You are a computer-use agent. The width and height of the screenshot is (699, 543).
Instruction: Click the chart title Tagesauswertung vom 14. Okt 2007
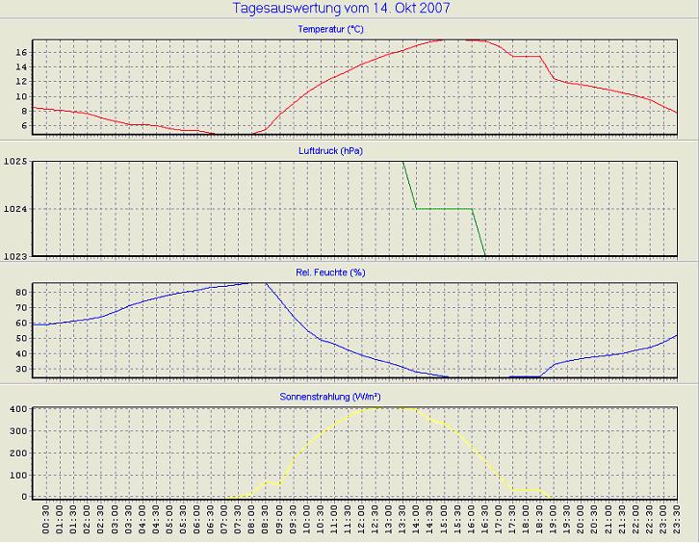pyautogui.click(x=342, y=9)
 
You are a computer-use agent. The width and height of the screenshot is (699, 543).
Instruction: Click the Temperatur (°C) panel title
pyautogui.click(x=330, y=30)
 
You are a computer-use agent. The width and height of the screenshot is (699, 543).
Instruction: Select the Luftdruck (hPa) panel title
pyautogui.click(x=330, y=151)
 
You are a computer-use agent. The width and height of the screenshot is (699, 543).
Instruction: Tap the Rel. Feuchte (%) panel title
pyautogui.click(x=330, y=272)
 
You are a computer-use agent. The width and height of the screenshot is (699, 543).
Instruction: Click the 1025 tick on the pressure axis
pyautogui.click(x=15, y=162)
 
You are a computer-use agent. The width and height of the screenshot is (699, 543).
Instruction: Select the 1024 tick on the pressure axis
pyautogui.click(x=15, y=209)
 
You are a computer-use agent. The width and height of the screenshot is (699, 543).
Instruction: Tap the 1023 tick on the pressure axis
pyautogui.click(x=15, y=255)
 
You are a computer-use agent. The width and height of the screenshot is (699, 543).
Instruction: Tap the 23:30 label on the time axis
pyautogui.click(x=677, y=524)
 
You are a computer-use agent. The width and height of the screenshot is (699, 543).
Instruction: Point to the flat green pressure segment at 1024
pyautogui.click(x=443, y=209)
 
